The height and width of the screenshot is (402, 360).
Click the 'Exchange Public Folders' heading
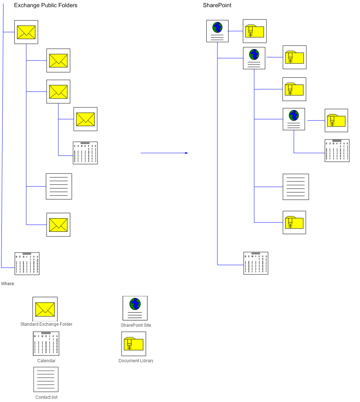click(45, 5)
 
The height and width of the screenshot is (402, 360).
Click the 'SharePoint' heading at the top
click(217, 5)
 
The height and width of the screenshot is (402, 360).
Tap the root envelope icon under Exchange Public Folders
click(26, 32)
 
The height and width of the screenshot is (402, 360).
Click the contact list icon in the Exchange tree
click(59, 186)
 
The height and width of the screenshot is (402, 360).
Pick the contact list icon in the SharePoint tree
click(296, 187)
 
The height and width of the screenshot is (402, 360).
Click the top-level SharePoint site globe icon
click(217, 31)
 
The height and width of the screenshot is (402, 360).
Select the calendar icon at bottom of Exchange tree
click(27, 264)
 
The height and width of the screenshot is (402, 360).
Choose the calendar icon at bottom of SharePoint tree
click(256, 263)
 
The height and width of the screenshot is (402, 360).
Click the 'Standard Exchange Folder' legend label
click(46, 324)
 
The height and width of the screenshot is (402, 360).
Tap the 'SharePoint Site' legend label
click(136, 325)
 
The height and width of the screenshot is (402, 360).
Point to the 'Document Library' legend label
click(136, 361)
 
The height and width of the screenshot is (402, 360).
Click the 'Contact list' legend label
click(46, 397)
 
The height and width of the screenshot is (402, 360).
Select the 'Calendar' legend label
click(46, 361)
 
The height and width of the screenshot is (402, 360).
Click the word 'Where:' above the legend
click(8, 284)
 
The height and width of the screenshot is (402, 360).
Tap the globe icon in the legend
click(135, 308)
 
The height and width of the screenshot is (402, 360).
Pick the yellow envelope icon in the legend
click(45, 309)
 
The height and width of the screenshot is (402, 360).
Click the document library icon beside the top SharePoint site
click(255, 31)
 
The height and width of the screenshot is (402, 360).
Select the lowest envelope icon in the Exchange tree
click(58, 225)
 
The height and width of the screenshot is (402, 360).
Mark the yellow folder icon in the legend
click(134, 344)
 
